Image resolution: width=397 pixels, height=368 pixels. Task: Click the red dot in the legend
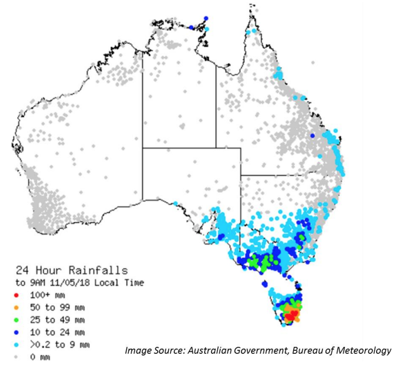pos(17,295)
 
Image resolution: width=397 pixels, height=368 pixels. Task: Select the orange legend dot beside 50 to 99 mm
pos(17,307)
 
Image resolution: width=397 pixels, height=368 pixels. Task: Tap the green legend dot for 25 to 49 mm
pos(17,320)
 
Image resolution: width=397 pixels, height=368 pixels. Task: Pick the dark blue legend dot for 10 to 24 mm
pos(17,332)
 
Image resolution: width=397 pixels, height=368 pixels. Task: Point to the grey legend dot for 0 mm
pos(17,357)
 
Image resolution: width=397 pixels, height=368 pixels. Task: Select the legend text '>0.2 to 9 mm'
pos(56,345)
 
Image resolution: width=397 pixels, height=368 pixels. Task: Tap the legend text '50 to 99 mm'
pos(52,307)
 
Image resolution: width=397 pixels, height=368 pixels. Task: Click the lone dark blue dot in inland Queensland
pos(313,136)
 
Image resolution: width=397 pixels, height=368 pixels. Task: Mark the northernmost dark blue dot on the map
pos(206,18)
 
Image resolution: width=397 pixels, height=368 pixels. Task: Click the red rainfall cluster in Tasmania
pos(291,314)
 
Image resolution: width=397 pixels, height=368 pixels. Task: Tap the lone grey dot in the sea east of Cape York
pos(313,62)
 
